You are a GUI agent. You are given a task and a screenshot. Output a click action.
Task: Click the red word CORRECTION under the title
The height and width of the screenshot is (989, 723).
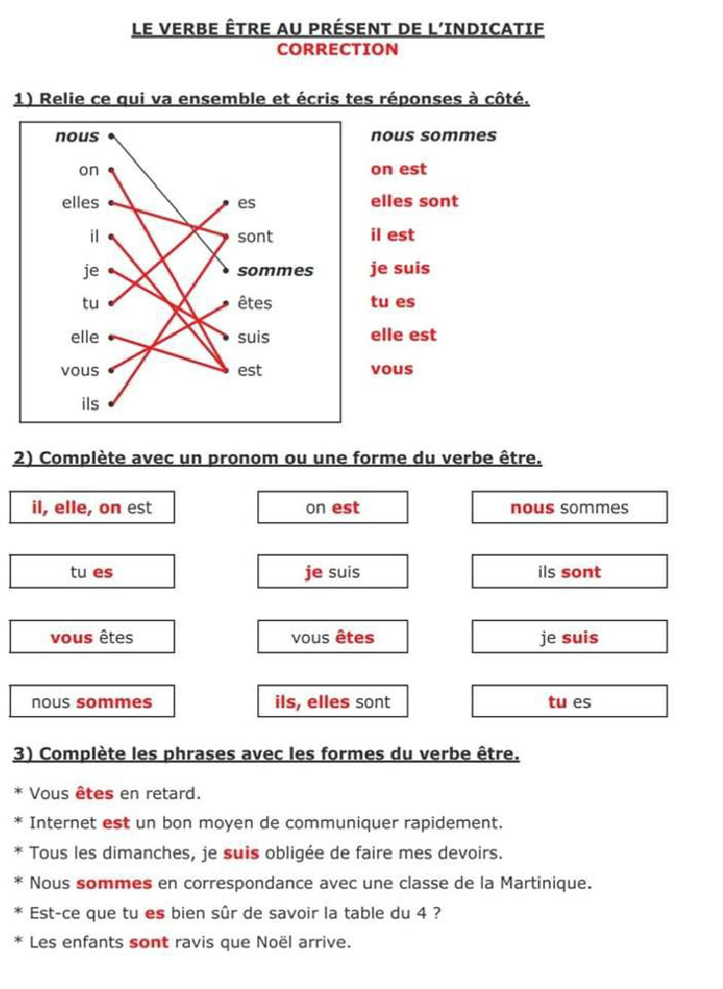[337, 49]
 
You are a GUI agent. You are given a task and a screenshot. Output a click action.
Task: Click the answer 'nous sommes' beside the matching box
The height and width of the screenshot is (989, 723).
[433, 135]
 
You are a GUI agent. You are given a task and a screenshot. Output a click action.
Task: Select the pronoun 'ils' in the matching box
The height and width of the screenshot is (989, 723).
[90, 404]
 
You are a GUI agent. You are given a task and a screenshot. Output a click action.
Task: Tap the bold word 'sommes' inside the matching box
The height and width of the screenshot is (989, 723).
[275, 270]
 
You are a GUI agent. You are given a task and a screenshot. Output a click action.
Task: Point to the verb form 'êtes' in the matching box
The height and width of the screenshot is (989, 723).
[254, 304]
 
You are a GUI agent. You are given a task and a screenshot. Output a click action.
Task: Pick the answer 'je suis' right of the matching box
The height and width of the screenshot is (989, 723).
[400, 268]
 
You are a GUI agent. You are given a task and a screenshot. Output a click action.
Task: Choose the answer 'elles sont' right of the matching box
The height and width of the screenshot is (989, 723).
[414, 202]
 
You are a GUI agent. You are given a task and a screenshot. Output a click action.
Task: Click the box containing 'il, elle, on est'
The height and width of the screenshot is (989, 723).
[92, 508]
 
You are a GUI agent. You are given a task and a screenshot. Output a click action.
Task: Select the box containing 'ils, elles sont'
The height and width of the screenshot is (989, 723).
[332, 702]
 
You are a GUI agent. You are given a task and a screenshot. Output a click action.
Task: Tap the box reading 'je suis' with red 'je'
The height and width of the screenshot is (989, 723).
[332, 572]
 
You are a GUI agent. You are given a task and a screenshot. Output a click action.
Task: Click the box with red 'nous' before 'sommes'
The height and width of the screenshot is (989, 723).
[569, 508]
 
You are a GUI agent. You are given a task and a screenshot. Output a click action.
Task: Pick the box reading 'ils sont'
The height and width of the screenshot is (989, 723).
[569, 572]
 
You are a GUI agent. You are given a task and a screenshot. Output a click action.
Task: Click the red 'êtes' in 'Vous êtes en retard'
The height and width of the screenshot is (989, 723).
[95, 793]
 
